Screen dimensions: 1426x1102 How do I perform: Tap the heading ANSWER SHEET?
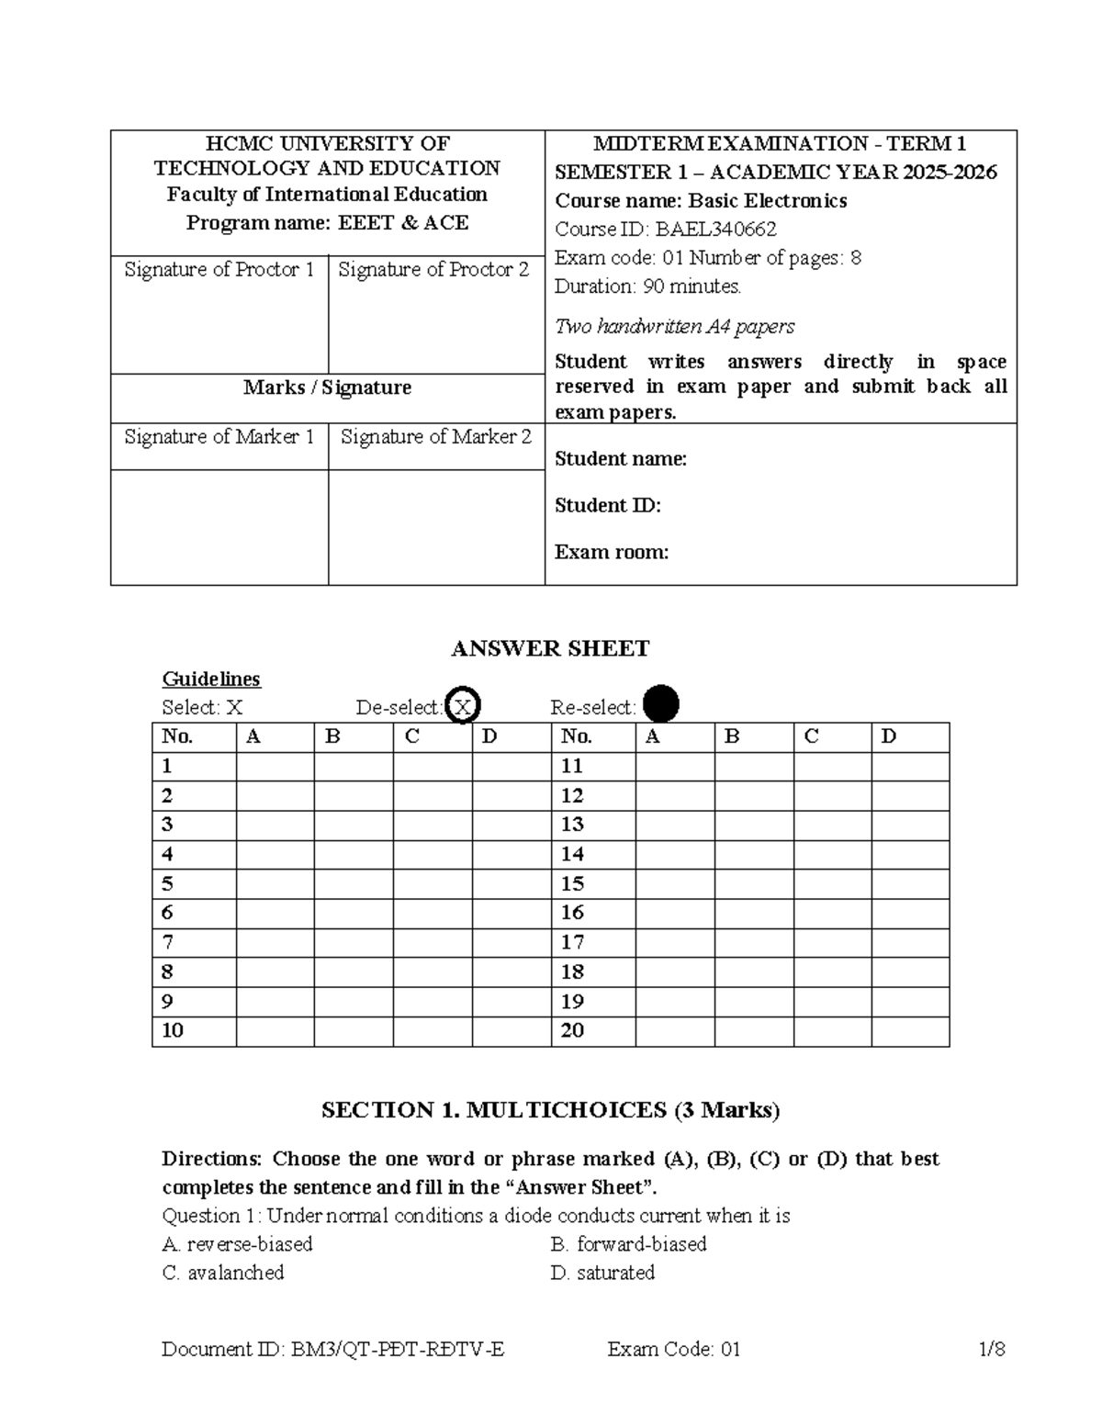tap(550, 648)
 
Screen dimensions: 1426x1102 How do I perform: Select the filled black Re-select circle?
tap(661, 705)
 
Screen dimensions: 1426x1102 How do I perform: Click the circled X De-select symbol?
tap(463, 706)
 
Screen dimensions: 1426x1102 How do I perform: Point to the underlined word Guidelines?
tap(211, 679)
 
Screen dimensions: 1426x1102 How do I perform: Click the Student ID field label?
tap(607, 505)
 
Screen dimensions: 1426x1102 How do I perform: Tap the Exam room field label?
tap(612, 552)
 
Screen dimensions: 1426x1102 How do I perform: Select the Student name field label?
tap(621, 459)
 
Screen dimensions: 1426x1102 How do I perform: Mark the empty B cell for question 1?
tap(354, 767)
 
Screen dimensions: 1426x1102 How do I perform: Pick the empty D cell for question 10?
tap(512, 1031)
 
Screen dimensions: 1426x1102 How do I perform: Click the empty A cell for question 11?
tap(675, 767)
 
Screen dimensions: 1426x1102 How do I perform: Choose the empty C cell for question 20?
tap(832, 1031)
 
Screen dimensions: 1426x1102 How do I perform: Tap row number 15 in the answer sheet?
tap(572, 884)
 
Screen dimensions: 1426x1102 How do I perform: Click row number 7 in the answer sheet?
tap(167, 942)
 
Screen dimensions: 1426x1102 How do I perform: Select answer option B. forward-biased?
tap(629, 1244)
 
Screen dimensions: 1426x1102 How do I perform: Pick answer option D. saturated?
tap(602, 1273)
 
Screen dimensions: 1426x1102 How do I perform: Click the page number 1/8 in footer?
tap(992, 1349)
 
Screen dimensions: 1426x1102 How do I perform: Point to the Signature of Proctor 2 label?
tap(434, 269)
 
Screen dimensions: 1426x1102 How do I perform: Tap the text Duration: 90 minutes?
tap(647, 286)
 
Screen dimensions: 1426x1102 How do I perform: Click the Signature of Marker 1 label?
tap(219, 437)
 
